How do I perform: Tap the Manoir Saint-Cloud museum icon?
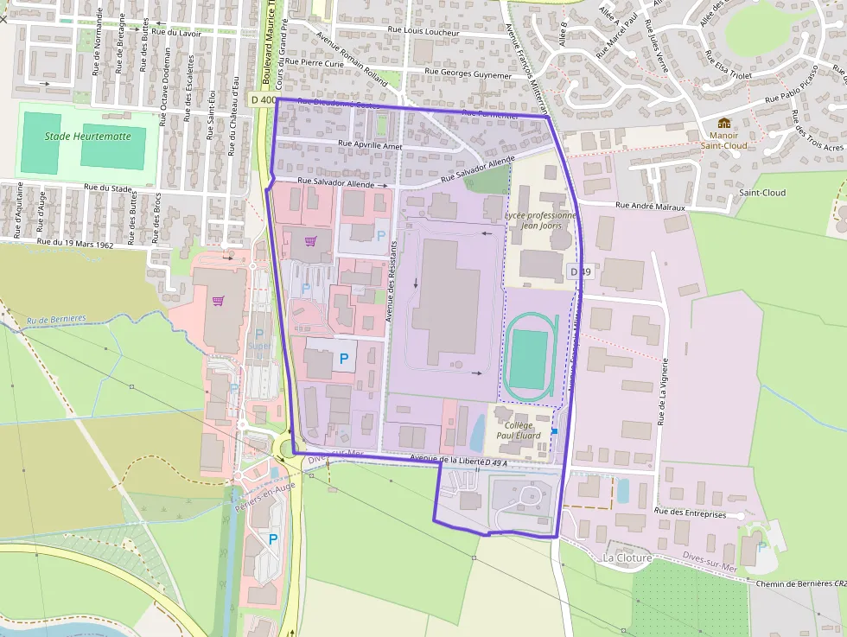[x=723, y=123]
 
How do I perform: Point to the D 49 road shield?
[x=580, y=271]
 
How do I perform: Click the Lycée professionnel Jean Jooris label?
[x=541, y=221]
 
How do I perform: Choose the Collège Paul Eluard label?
[x=519, y=430]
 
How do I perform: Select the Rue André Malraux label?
[x=650, y=207]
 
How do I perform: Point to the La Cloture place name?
[x=627, y=557]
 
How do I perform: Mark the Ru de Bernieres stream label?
[x=57, y=319]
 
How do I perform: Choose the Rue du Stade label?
[x=108, y=187]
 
